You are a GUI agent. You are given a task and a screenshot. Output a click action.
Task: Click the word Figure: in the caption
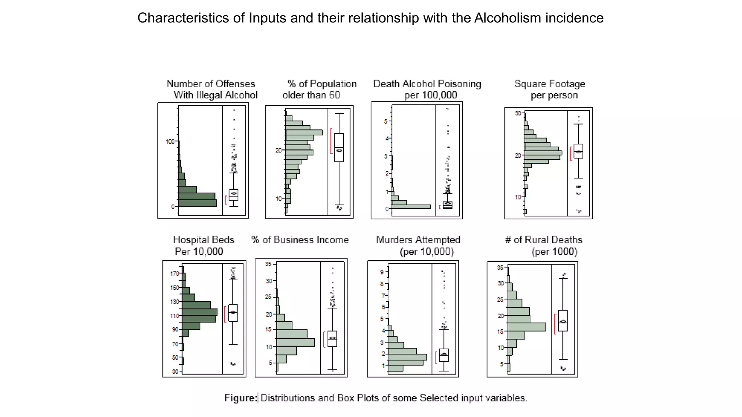(x=241, y=398)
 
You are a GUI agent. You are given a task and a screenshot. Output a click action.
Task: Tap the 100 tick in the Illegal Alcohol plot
(x=170, y=142)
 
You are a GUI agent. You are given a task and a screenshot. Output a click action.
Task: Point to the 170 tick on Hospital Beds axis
(x=175, y=274)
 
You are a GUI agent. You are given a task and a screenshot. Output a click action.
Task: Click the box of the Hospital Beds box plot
(x=233, y=313)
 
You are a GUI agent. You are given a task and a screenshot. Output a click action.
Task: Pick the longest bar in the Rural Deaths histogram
(x=526, y=327)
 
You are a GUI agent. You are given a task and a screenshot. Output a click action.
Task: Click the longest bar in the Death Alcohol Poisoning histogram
(x=411, y=207)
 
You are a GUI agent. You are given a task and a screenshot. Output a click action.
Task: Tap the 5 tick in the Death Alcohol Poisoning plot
(x=386, y=121)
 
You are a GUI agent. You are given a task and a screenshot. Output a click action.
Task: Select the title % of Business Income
(x=300, y=240)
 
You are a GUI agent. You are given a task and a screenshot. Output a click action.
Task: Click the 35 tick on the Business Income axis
(x=268, y=264)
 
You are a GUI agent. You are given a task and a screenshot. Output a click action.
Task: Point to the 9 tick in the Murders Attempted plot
(x=382, y=272)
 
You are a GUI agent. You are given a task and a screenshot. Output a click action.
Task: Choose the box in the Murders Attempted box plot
(x=444, y=355)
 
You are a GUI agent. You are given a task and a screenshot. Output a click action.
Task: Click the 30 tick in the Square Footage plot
(x=518, y=113)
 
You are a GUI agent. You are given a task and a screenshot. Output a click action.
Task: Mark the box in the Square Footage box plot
(x=578, y=151)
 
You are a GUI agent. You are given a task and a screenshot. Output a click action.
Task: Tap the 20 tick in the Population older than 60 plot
(x=278, y=150)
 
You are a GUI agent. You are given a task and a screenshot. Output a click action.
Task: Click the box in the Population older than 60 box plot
(x=339, y=147)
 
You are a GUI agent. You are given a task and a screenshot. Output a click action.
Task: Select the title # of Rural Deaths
(x=543, y=245)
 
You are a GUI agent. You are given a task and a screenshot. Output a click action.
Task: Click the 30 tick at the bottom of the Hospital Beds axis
(x=175, y=372)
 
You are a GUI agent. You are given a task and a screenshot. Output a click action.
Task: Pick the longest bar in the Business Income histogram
(x=295, y=342)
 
